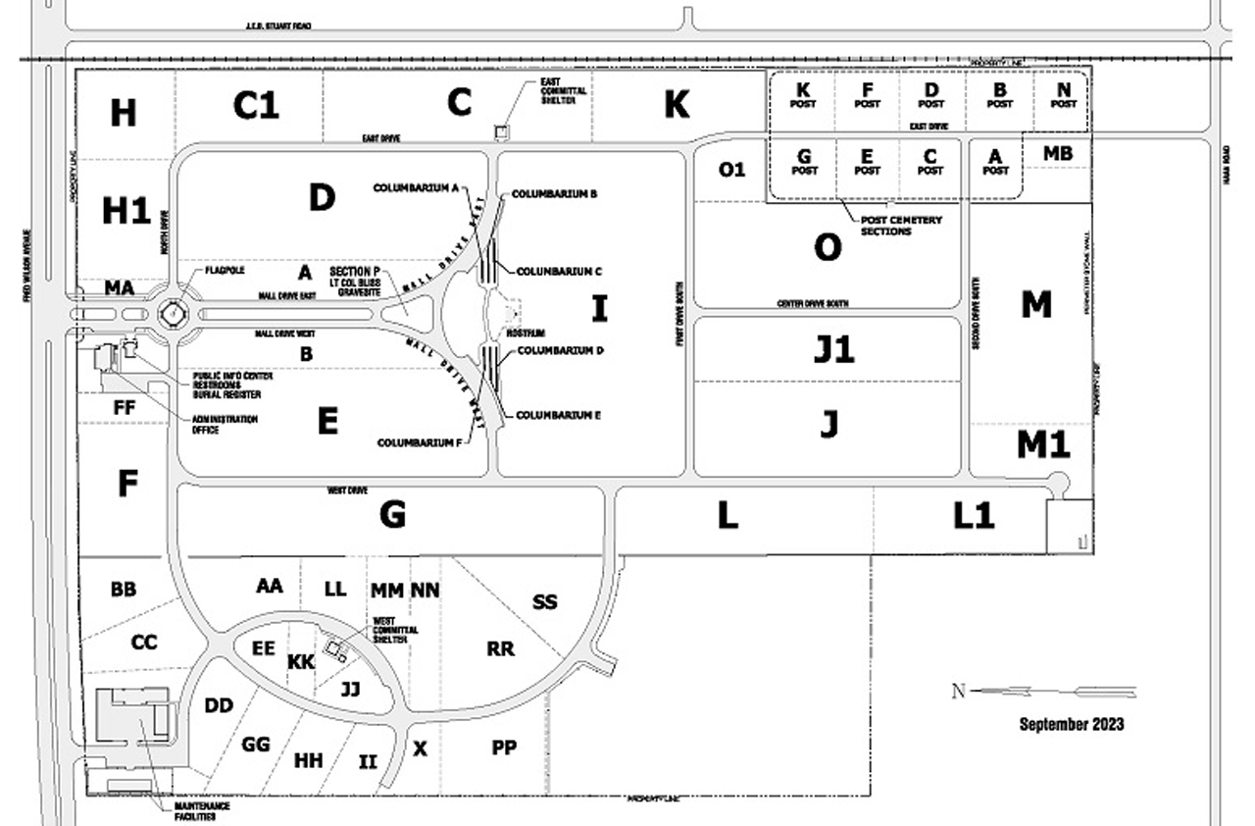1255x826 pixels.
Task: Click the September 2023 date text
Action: [x=1071, y=725]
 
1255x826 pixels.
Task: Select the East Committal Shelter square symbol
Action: [x=501, y=131]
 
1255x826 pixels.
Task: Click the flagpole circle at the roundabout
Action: [x=172, y=314]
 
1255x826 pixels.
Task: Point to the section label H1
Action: [x=126, y=210]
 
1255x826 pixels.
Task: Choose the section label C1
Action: [x=256, y=105]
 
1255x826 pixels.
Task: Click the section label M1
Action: [x=1042, y=445]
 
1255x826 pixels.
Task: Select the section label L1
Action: [x=974, y=516]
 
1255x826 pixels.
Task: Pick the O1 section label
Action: [x=731, y=170]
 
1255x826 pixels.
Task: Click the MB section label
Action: [x=1057, y=154]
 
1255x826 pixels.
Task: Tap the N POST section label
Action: [x=1063, y=96]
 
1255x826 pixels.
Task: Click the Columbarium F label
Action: [x=419, y=442]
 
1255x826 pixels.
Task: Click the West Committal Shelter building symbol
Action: [x=339, y=650]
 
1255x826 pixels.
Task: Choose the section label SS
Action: [x=544, y=601]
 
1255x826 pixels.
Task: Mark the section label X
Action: [x=421, y=749]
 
